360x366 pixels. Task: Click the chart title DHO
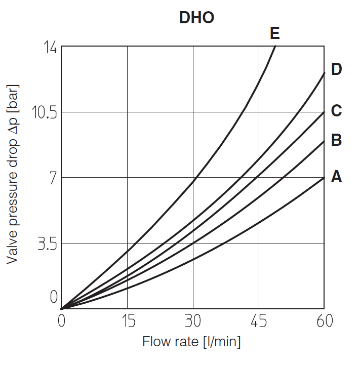[196, 18]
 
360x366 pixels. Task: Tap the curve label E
[275, 34]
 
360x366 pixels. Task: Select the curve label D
[337, 69]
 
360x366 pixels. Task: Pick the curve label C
[337, 110]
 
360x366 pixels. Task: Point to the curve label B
[337, 140]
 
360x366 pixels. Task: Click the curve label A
[337, 177]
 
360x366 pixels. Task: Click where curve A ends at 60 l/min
[324, 178]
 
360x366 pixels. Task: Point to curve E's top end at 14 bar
[275, 46]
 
